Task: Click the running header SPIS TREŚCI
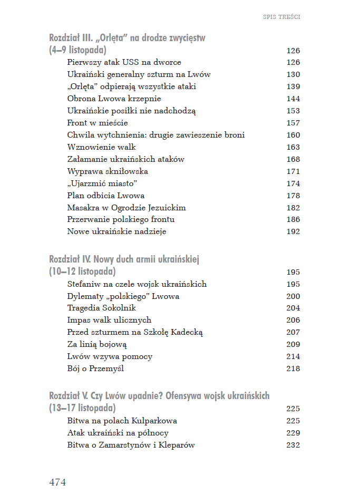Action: point(281,17)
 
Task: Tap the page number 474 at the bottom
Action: point(57,482)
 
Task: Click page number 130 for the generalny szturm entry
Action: point(293,74)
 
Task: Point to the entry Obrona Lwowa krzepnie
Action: point(114,99)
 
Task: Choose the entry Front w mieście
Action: point(98,123)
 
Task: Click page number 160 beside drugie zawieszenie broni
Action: point(293,135)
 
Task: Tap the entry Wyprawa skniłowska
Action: point(108,171)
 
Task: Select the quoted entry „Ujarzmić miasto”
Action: point(102,183)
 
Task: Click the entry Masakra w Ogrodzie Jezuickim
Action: point(127,208)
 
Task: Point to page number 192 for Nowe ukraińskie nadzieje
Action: point(293,231)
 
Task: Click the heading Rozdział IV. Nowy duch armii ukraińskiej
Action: point(124,259)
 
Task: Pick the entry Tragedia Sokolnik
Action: point(102,308)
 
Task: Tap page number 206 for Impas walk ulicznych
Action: point(293,320)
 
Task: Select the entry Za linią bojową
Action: point(97,344)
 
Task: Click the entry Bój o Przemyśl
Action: point(95,369)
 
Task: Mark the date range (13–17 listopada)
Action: point(83,409)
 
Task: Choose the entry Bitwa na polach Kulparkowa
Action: point(122,421)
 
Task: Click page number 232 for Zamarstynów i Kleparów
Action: point(293,445)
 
